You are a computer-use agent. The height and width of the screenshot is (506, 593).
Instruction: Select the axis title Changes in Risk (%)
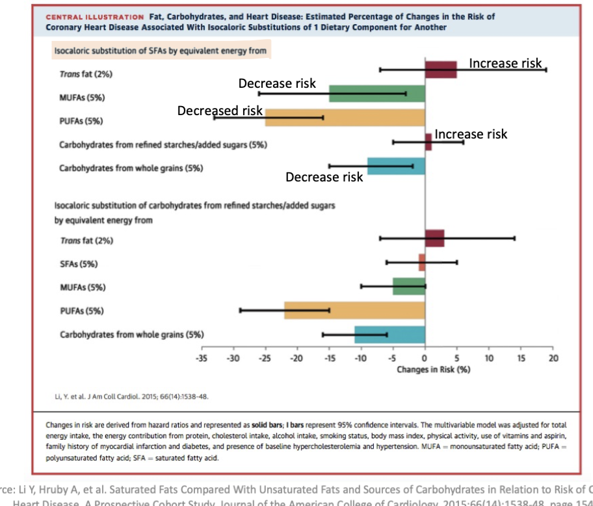(433, 369)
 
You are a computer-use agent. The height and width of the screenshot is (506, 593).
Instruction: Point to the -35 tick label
(201, 358)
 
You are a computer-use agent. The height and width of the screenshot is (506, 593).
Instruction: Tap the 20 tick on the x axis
(553, 358)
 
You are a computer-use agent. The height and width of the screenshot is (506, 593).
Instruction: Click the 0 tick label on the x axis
(425, 358)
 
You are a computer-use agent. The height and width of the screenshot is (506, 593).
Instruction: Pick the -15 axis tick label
(328, 358)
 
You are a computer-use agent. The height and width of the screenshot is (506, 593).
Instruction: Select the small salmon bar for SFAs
(421, 263)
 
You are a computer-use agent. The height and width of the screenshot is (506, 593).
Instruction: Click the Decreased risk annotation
(220, 111)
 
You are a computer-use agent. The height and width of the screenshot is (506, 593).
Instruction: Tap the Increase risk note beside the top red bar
(505, 63)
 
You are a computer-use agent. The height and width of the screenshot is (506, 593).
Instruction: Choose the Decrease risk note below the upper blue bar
(324, 177)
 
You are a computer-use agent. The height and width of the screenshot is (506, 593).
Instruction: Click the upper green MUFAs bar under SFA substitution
(376, 94)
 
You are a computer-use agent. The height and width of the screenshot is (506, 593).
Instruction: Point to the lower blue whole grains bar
(389, 334)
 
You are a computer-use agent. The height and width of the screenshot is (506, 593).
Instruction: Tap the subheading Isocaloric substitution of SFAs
(159, 50)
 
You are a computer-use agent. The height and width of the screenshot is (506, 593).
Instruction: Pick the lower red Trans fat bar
(434, 239)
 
